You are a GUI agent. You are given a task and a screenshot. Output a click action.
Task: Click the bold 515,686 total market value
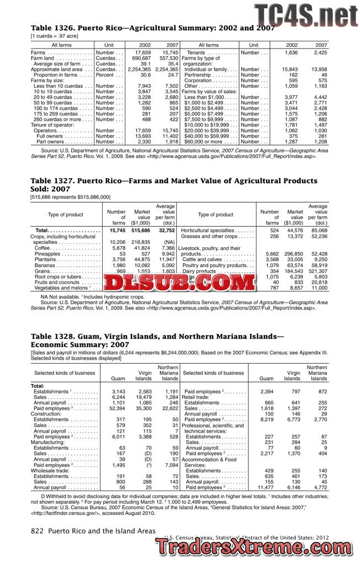140,231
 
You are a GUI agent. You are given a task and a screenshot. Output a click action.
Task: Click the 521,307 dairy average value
318,271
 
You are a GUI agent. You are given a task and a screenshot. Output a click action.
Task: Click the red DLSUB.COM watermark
179,283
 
